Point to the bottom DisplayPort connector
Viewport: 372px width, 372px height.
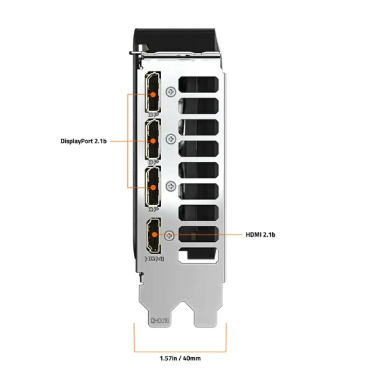(x=153, y=187)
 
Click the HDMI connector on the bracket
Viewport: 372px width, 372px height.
(x=153, y=235)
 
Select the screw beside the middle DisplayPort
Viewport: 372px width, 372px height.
(x=171, y=138)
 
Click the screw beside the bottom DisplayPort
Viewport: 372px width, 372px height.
(x=171, y=185)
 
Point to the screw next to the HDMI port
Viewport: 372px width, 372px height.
(x=171, y=235)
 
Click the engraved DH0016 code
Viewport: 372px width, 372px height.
(x=159, y=321)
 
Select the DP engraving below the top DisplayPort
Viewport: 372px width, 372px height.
(x=153, y=115)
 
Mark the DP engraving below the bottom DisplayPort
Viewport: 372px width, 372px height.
(x=153, y=210)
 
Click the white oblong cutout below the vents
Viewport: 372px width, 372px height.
(x=198, y=255)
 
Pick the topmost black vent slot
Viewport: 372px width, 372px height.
(x=198, y=85)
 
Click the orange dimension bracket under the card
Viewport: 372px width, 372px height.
(x=180, y=342)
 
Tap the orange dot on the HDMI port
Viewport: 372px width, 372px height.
(x=153, y=235)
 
